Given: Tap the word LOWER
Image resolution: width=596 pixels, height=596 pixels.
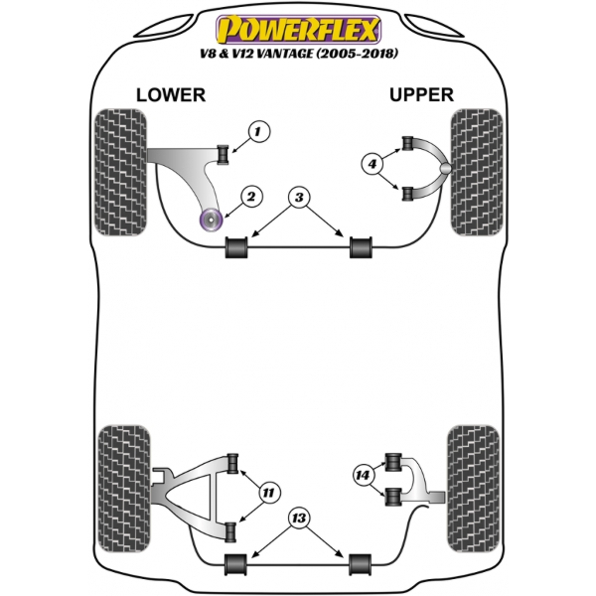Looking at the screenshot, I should coord(170,94).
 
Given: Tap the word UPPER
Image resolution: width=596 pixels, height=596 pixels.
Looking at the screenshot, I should coord(421,94).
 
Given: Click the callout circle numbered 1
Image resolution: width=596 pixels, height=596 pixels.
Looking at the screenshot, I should coord(260,130).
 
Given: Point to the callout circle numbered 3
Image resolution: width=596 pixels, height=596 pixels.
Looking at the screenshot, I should coord(298,197).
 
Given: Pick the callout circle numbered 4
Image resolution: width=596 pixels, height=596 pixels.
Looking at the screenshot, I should coord(372,164).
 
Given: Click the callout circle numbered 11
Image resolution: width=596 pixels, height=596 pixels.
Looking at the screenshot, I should coord(268,493).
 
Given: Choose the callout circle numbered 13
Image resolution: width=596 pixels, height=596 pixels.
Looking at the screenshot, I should coord(297,520).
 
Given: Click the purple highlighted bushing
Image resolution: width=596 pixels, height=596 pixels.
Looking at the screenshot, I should coord(211,220).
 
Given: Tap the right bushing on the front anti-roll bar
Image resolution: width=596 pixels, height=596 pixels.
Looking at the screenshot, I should coord(360,247).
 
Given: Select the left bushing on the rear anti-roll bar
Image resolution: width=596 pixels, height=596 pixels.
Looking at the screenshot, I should coord(235,562).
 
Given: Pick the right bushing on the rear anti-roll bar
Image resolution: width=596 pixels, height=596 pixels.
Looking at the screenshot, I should coord(359,562).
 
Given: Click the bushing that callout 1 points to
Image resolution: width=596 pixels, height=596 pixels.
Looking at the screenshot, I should coord(223,151).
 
